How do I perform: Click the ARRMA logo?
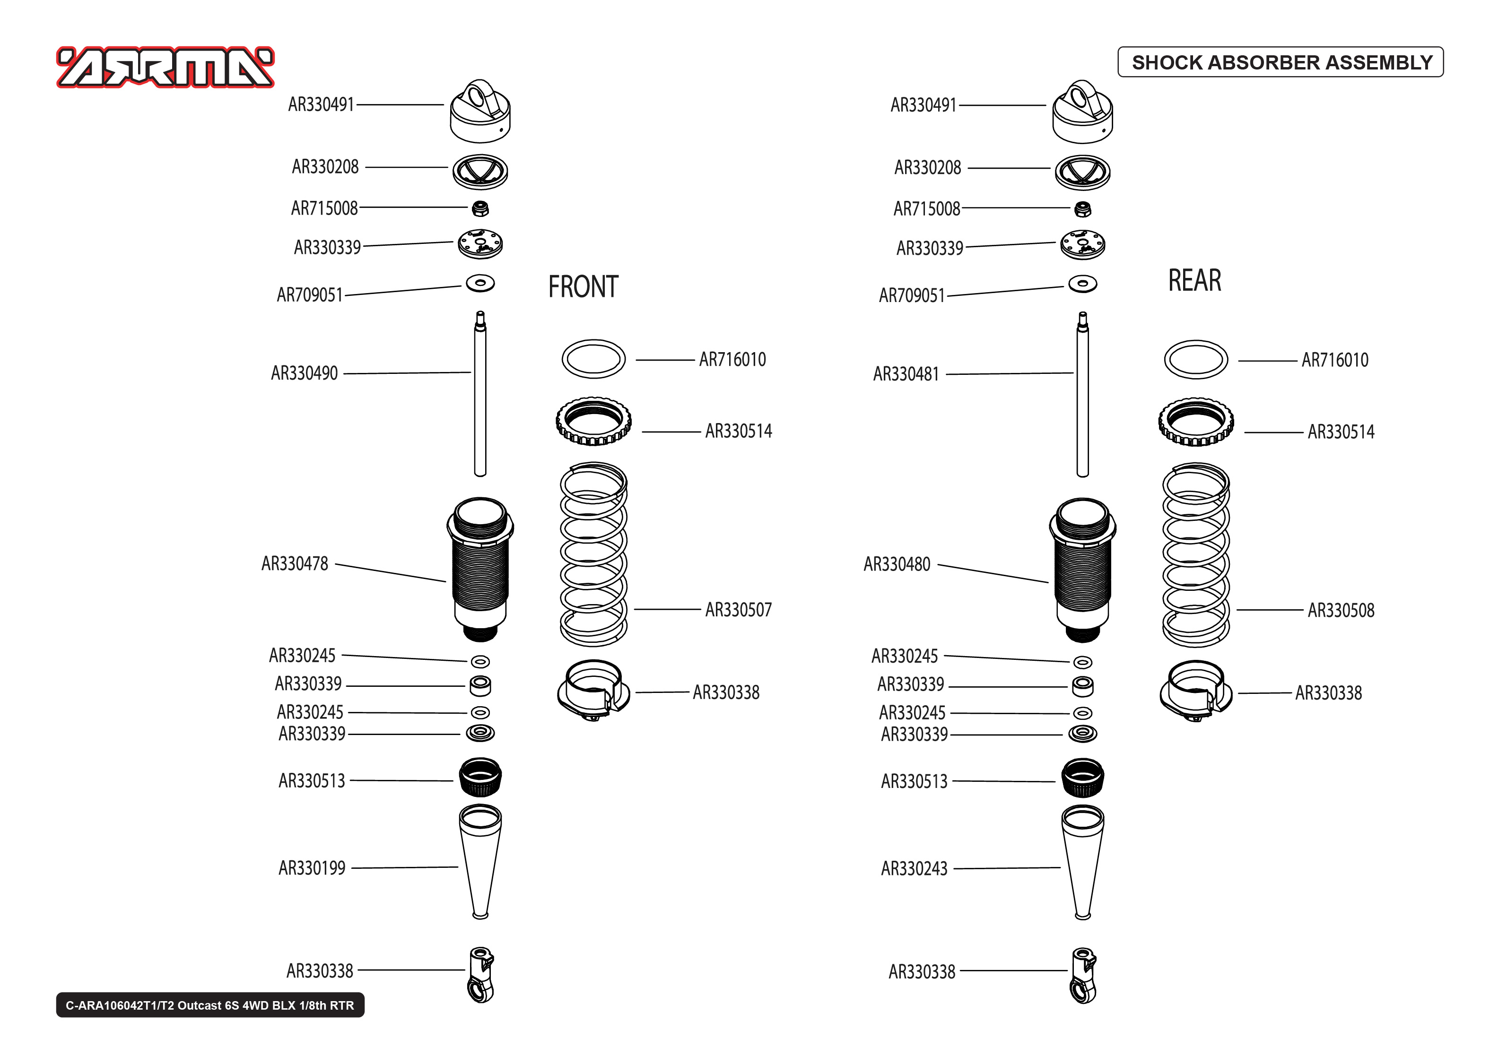click(x=165, y=68)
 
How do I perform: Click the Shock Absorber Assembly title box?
click(x=1281, y=62)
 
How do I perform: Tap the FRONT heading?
click(x=583, y=287)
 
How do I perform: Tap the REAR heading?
click(x=1194, y=280)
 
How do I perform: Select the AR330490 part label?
click(x=304, y=373)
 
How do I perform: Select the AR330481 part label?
click(x=906, y=374)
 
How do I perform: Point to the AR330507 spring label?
click(x=738, y=610)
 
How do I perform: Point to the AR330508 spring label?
click(x=1341, y=611)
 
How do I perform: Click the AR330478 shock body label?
click(x=294, y=564)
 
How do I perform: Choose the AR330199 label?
click(x=312, y=868)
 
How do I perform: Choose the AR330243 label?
click(x=914, y=869)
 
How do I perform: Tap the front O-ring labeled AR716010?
click(x=593, y=359)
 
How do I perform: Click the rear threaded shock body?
click(x=1082, y=570)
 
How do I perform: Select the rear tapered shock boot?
click(x=1082, y=862)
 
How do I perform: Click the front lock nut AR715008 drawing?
click(x=480, y=208)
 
